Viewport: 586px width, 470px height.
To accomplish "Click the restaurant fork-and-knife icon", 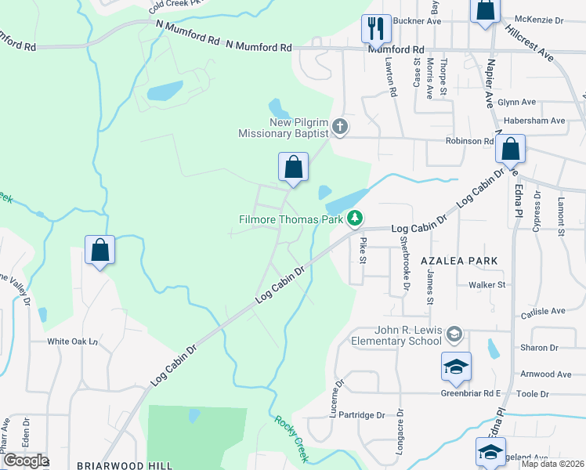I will pyautogui.click(x=374, y=29).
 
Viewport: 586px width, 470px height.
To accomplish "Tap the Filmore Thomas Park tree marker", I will pyautogui.click(x=356, y=219).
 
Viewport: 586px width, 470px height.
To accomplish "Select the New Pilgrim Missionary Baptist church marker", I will pyautogui.click(x=340, y=126).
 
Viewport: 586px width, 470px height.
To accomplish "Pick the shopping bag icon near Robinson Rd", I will pyautogui.click(x=510, y=149).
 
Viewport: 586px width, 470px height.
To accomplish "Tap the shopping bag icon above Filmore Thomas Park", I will pyautogui.click(x=293, y=167).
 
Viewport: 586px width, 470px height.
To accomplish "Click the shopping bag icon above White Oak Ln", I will pyautogui.click(x=99, y=251).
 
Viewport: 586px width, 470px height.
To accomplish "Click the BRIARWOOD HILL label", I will pyautogui.click(x=125, y=465).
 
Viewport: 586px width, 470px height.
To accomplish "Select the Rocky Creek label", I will pyautogui.click(x=291, y=439).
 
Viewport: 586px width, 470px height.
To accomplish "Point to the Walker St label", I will pyautogui.click(x=487, y=285).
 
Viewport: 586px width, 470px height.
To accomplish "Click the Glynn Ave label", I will pyautogui.click(x=516, y=102).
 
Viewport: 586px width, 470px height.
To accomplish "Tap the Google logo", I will pyautogui.click(x=26, y=461).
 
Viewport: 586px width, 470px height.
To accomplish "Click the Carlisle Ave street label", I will pyautogui.click(x=543, y=311).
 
